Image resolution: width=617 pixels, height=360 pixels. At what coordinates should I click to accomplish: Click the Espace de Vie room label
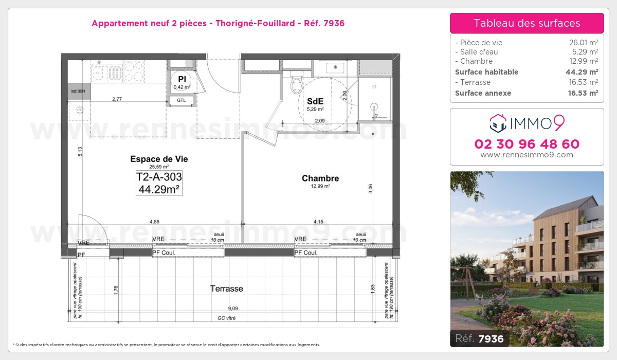tap(159, 159)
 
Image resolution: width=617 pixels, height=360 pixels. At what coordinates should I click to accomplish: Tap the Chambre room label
tap(320, 178)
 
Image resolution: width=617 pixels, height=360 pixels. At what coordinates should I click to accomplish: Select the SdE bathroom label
tap(315, 101)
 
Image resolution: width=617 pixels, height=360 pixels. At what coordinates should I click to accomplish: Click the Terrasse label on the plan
tap(226, 289)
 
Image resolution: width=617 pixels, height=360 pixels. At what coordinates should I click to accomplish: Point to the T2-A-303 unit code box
tap(159, 183)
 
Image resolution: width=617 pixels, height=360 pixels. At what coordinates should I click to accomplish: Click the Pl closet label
tap(182, 79)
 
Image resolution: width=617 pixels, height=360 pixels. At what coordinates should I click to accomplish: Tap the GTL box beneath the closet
tap(182, 100)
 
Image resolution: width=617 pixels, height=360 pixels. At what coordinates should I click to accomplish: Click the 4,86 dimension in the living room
tap(154, 222)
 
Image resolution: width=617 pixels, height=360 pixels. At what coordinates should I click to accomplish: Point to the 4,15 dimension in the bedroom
tap(319, 222)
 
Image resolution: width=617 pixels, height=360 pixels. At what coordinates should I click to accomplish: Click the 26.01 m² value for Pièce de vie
tap(580, 43)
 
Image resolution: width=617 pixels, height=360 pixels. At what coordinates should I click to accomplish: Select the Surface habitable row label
tap(486, 72)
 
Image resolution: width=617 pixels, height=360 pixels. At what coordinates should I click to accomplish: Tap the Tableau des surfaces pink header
tap(527, 23)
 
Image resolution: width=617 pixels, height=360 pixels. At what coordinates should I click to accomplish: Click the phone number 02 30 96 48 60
tap(527, 144)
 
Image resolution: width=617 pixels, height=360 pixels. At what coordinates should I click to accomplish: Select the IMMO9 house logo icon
tap(496, 122)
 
